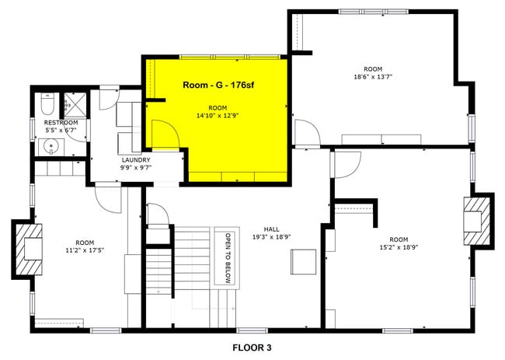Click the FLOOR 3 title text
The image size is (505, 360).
pyautogui.click(x=252, y=347)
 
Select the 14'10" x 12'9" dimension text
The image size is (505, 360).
pyautogui.click(x=217, y=115)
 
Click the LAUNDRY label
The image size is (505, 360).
pyautogui.click(x=135, y=159)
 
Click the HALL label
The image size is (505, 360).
pyautogui.click(x=271, y=229)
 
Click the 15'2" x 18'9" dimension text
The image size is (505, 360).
pyautogui.click(x=399, y=247)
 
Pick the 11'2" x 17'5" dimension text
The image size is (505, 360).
pyautogui.click(x=85, y=250)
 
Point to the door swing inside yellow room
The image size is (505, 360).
pyautogui.click(x=161, y=135)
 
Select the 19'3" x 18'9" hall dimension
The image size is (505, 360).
pyautogui.click(x=271, y=237)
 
